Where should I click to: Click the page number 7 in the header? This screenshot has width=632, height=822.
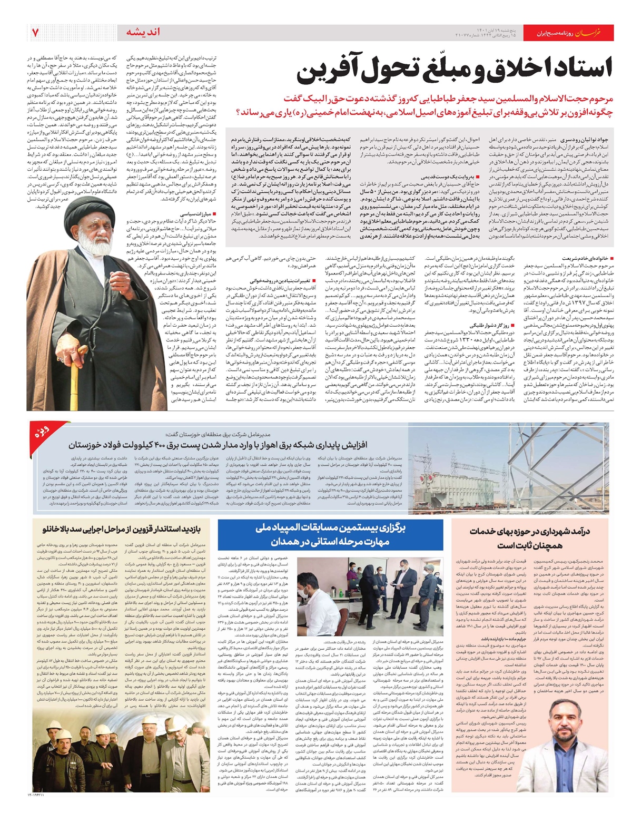(35, 33)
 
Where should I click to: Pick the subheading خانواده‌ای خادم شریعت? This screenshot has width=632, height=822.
(593, 259)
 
